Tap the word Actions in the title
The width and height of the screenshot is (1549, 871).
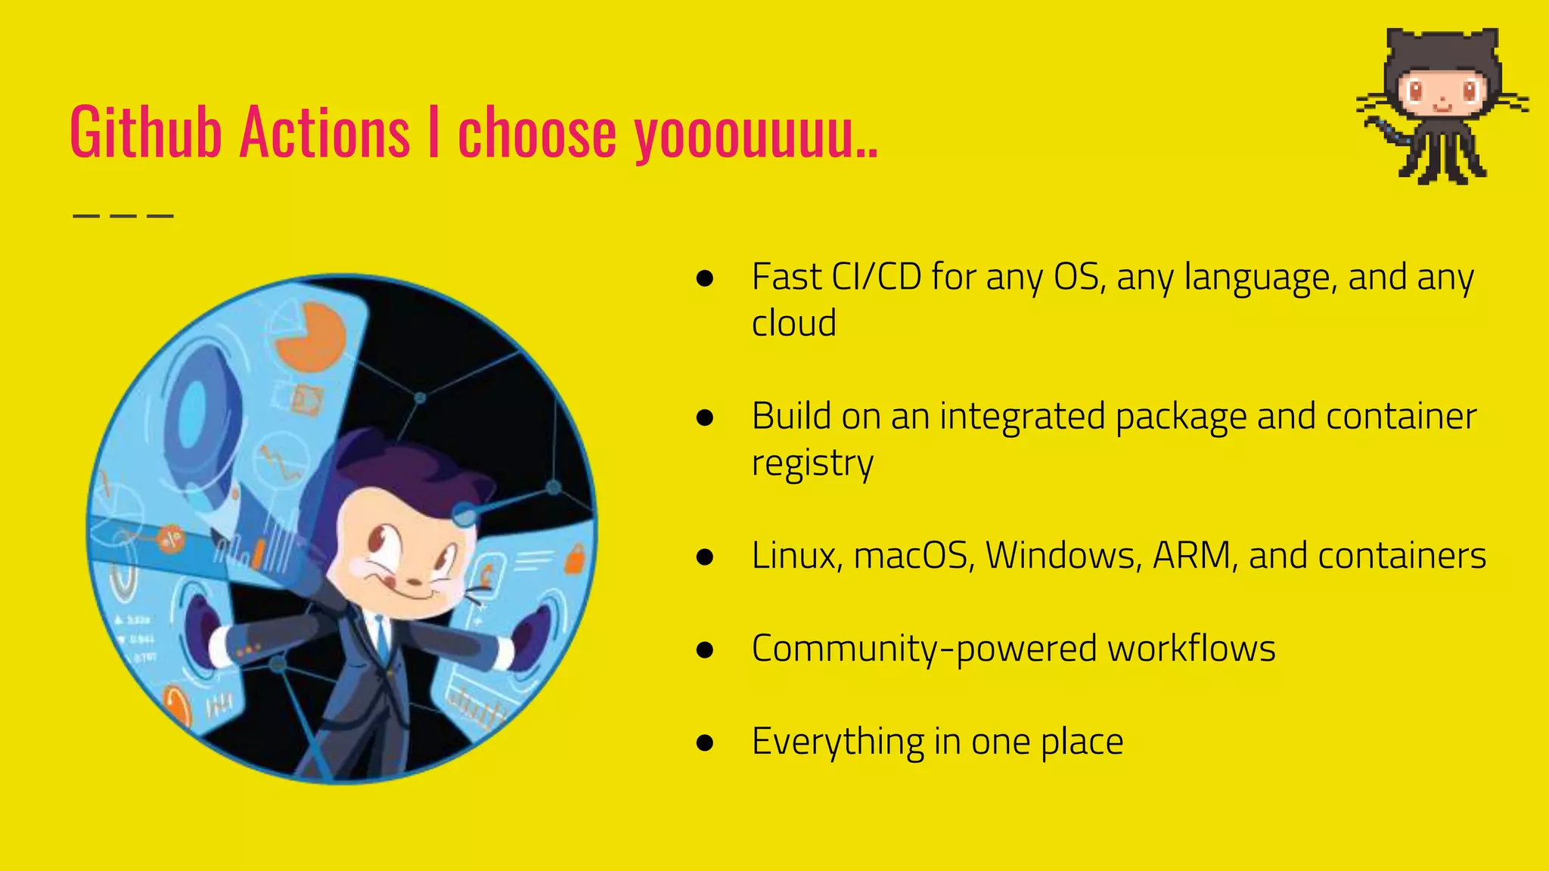click(x=324, y=132)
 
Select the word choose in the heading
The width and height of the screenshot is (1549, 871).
click(x=537, y=134)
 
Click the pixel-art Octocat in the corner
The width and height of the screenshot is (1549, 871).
click(x=1442, y=106)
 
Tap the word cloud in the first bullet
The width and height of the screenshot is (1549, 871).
click(x=794, y=324)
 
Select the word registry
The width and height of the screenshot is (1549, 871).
click(x=812, y=463)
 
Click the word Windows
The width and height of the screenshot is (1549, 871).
click(x=1063, y=556)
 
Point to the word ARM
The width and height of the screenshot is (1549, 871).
click(x=1195, y=556)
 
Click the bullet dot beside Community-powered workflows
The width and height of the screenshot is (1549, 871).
click(x=705, y=649)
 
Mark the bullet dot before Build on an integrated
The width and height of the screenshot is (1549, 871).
click(x=705, y=417)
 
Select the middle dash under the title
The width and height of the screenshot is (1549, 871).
click(x=123, y=216)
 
